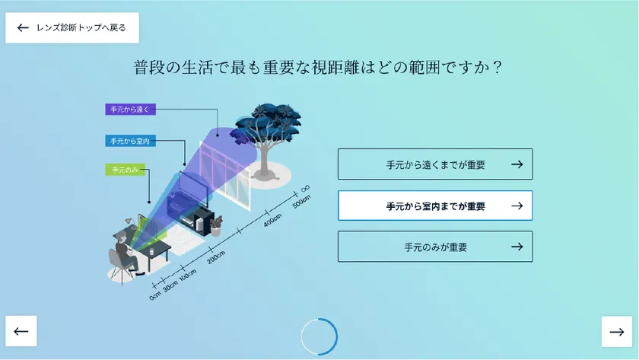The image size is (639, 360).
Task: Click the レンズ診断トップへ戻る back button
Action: click(72, 27)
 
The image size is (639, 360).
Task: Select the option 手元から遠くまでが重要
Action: click(435, 164)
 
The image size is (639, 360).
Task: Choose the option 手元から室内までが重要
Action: click(435, 206)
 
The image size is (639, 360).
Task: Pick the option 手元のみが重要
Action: click(435, 247)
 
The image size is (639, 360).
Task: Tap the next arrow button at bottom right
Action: click(617, 332)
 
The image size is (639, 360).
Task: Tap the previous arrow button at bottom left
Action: click(21, 331)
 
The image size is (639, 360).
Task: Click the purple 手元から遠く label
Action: click(130, 110)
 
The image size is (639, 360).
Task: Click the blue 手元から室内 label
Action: click(130, 141)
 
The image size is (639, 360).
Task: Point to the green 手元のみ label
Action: click(125, 170)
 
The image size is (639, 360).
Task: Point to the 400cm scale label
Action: click(272, 220)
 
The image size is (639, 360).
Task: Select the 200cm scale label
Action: click(216, 257)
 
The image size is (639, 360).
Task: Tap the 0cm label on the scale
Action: click(155, 295)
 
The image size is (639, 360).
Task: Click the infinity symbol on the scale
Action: click(305, 188)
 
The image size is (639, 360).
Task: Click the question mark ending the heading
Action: click(497, 67)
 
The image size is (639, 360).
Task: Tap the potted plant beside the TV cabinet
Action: click(215, 226)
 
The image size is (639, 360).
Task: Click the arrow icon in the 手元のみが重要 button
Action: click(517, 247)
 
